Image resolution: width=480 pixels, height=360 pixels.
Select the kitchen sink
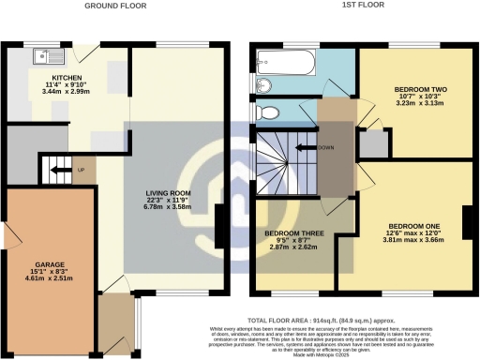pyautogui.click(x=41, y=57)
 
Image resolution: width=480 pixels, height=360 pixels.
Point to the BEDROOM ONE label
pyautogui.click(x=413, y=225)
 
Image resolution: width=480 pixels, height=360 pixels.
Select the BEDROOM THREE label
pyautogui.click(x=293, y=232)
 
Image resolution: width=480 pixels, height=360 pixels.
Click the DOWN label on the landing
pyautogui.click(x=327, y=147)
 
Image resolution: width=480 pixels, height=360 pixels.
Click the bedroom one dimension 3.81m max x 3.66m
pyautogui.click(x=413, y=241)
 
